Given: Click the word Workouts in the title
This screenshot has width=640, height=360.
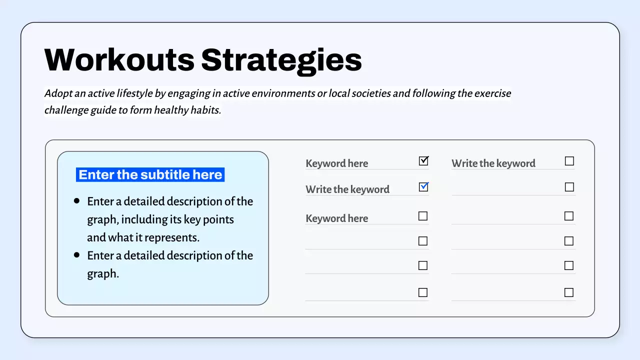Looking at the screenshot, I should (119, 59).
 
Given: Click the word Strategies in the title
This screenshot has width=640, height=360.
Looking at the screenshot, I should (281, 59).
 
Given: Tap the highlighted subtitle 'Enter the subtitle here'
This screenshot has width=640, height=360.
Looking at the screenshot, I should (150, 174).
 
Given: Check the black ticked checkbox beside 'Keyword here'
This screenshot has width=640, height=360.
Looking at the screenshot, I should (423, 161).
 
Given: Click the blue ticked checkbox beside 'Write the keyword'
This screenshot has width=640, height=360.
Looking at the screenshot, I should (423, 187).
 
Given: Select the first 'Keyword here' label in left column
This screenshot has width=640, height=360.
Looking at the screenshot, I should (336, 163).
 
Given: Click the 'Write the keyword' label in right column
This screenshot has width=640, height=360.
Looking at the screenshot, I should (493, 163).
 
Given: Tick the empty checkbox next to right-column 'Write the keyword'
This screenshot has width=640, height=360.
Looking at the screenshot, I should (569, 161).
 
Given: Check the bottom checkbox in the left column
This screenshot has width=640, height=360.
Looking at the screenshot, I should (423, 292).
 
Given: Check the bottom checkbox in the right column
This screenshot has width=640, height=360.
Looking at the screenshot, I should (569, 292).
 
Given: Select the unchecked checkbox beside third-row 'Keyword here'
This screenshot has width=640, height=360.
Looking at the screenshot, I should (423, 216).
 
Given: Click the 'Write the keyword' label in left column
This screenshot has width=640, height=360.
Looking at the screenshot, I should (347, 189).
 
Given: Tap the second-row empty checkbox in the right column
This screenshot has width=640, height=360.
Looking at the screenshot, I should (569, 187).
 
